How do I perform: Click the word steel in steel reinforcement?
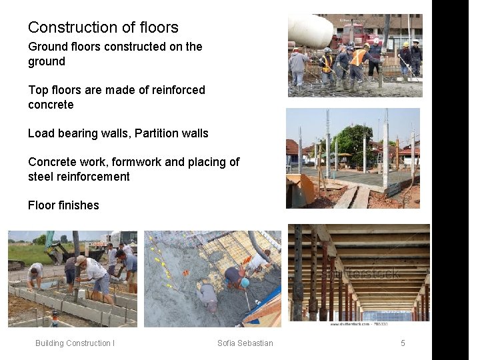click(41, 177)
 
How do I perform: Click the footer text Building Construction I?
click(75, 343)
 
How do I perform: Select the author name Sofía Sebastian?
click(245, 343)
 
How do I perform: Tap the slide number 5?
click(403, 343)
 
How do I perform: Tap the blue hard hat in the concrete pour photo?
click(245, 283)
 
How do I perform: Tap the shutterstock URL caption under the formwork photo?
click(359, 323)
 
